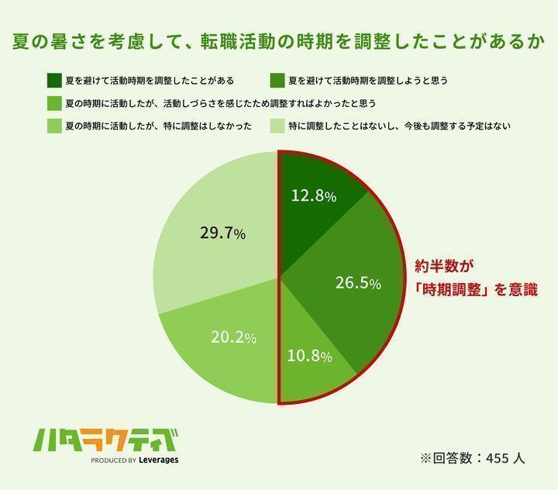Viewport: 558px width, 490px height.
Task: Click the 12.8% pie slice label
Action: tap(313, 197)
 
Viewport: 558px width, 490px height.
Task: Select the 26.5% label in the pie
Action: tap(357, 284)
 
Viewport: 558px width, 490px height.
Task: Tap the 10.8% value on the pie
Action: tap(309, 357)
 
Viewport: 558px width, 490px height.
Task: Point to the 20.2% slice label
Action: tap(233, 337)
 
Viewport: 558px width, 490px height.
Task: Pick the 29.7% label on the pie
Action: tap(222, 233)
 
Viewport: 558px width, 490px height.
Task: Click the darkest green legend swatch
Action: tap(54, 80)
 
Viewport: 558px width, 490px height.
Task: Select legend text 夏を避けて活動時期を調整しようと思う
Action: tap(368, 80)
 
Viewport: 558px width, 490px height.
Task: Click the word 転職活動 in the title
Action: tap(238, 42)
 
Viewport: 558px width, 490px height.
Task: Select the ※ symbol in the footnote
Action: tap(425, 457)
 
